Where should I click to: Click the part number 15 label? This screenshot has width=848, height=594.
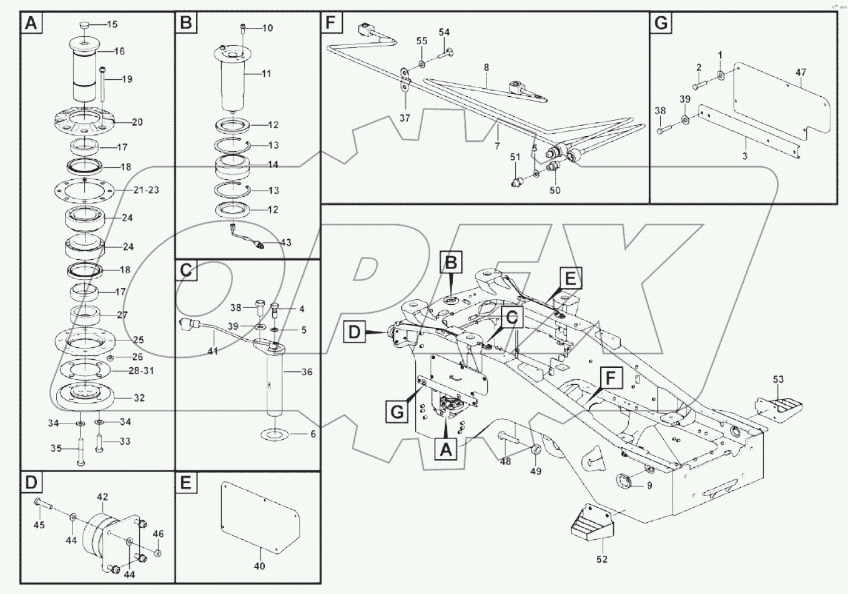click(x=112, y=25)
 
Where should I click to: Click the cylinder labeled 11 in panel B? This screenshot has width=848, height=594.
click(x=235, y=78)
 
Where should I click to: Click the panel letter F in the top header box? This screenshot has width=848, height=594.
click(x=331, y=23)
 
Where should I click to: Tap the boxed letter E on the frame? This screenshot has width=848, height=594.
click(x=571, y=277)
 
